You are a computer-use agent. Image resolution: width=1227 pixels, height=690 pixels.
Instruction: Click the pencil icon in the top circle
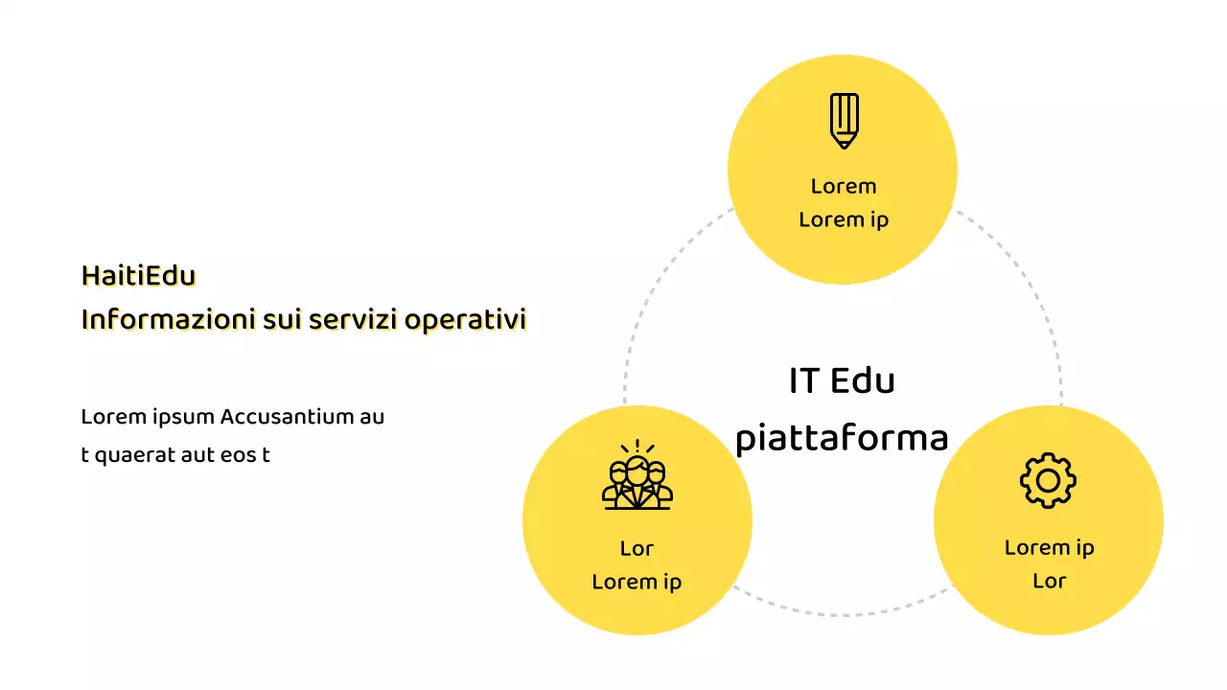(844, 121)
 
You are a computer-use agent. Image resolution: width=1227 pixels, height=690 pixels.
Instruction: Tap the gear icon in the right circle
(1048, 480)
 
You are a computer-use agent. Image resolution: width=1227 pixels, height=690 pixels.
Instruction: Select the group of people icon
(637, 475)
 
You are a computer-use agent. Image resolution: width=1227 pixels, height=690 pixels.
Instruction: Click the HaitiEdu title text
(138, 276)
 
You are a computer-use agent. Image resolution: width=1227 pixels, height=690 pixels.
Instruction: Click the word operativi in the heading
(466, 320)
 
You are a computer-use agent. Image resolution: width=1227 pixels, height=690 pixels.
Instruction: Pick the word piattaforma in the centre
(842, 439)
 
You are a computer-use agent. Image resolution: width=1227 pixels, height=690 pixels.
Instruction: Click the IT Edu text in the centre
(842, 381)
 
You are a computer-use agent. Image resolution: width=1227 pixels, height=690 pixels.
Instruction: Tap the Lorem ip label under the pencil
(844, 219)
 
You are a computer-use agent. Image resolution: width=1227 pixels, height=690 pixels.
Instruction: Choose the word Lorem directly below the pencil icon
(844, 186)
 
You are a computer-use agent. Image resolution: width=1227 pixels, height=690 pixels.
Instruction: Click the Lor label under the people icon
(637, 548)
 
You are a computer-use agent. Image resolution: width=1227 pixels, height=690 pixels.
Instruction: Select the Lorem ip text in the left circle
(637, 582)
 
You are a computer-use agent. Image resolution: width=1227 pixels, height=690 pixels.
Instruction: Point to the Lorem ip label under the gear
(1049, 547)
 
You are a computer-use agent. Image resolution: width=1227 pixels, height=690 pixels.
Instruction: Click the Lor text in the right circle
(1049, 581)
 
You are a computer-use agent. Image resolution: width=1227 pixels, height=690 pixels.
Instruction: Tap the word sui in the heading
(283, 320)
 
